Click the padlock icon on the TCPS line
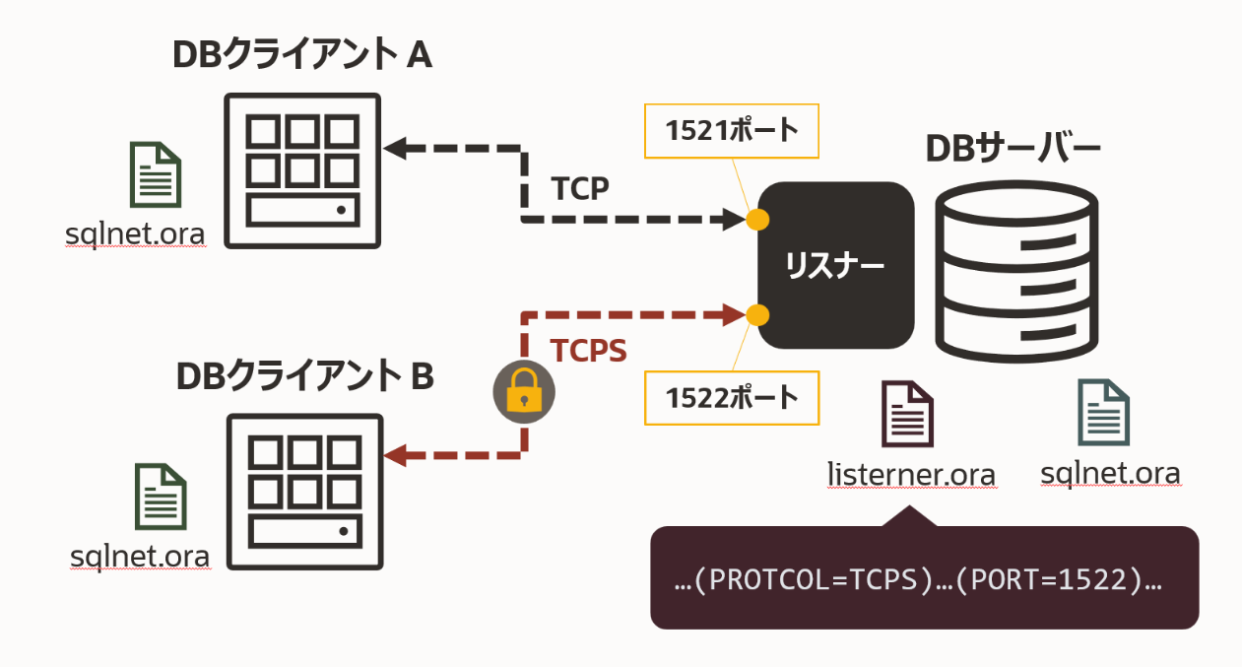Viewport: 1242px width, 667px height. point(523,395)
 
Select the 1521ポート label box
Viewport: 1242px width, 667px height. point(732,130)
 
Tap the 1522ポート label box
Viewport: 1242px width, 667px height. point(732,398)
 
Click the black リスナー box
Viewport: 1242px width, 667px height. point(835,265)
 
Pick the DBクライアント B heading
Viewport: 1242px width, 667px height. point(304,376)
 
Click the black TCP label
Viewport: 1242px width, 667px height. point(580,188)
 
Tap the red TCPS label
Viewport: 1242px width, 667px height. point(588,351)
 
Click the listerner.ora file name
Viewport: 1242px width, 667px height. point(911,475)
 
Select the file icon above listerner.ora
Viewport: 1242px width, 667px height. point(907,414)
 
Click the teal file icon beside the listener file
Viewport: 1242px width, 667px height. point(1103,413)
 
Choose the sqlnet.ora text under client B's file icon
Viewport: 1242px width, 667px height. point(140,557)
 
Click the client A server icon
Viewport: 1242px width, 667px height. point(301,170)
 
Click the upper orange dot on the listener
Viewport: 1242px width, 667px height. point(756,219)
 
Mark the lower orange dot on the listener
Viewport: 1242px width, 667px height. point(756,315)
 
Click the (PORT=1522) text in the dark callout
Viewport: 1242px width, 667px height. point(1048,580)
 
